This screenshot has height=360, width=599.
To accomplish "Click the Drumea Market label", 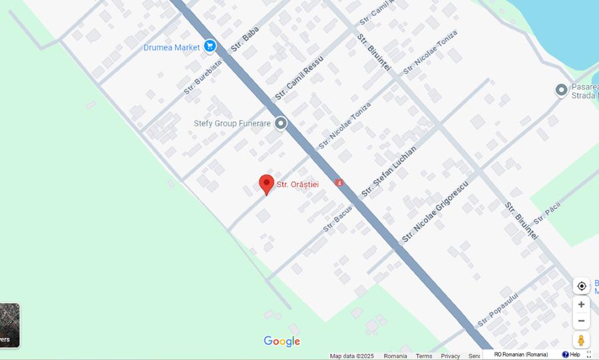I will point(172,47).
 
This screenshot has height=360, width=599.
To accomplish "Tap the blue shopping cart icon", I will point(210,46).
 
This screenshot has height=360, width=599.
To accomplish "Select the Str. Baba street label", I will point(245,40).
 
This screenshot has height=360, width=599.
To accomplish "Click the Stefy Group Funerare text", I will point(232,124).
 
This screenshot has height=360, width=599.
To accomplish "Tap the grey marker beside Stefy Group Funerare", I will point(281,123).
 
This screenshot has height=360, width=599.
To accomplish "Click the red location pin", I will point(266,184).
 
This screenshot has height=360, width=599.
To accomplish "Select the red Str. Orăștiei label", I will point(298,184).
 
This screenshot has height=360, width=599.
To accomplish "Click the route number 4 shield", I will point(339,182).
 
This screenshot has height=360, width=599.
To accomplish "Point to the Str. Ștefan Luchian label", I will point(389,171).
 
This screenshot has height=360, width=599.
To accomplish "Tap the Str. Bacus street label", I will point(338,218).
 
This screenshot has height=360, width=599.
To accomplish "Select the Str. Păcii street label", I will point(547,212).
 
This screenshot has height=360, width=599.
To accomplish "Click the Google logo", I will point(282,341).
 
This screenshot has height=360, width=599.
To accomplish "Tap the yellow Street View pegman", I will point(581,340).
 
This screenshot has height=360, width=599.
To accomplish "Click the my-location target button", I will point(581,286).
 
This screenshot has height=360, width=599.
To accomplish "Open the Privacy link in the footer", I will point(450,356).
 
